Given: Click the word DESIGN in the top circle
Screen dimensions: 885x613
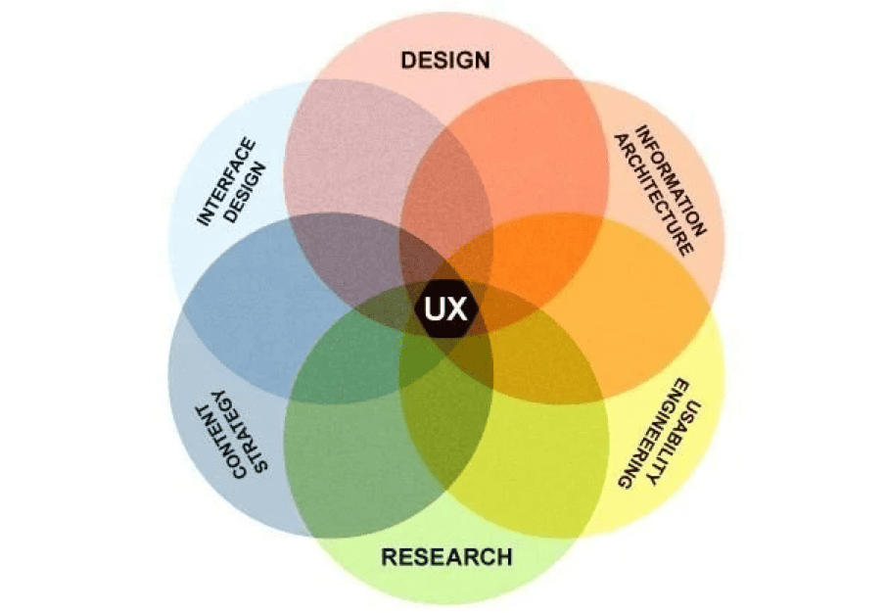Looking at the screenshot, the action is [x=445, y=61].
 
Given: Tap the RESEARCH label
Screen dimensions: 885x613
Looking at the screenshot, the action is [x=446, y=557].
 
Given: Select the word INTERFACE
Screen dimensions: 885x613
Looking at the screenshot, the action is [x=226, y=182].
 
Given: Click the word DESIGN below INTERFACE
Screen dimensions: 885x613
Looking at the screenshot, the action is [x=246, y=193].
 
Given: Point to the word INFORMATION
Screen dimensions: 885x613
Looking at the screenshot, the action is [x=671, y=180].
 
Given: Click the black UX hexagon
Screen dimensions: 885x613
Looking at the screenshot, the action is [x=445, y=309].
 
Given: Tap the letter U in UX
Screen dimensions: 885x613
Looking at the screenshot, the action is [x=436, y=309].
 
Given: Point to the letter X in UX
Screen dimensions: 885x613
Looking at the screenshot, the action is [x=456, y=309].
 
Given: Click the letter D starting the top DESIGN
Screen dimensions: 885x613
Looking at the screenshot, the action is [x=408, y=61].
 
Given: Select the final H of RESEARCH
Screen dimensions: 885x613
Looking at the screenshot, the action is [x=504, y=557].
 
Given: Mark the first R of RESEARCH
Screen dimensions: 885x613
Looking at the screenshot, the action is [x=390, y=557].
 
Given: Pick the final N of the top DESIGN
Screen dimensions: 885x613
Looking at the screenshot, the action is [x=482, y=61].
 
